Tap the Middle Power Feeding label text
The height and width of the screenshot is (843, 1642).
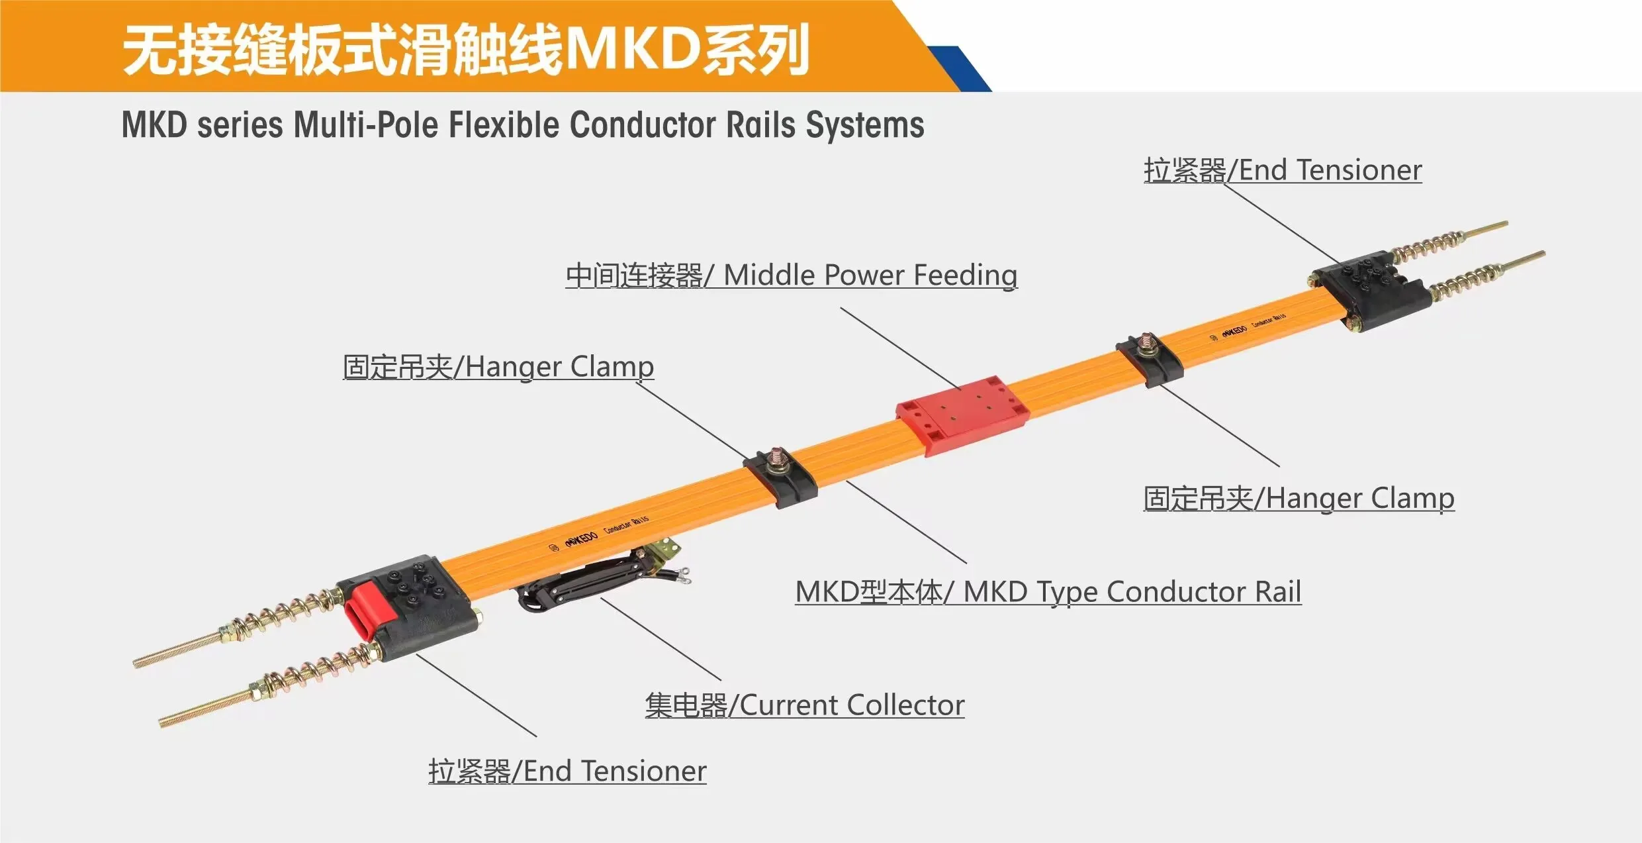[792, 275]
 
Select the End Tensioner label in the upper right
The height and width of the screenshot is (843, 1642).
[1283, 170]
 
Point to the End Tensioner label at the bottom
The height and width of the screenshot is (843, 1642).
[567, 771]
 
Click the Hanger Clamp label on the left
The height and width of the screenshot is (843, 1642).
[498, 367]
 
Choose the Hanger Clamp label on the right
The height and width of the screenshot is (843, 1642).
[1299, 499]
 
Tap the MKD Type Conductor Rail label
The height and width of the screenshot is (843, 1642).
[1048, 592]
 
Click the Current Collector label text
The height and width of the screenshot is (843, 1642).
[804, 705]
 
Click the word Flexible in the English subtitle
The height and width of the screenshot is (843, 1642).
[505, 125]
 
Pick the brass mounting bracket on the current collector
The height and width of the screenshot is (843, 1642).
[662, 550]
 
